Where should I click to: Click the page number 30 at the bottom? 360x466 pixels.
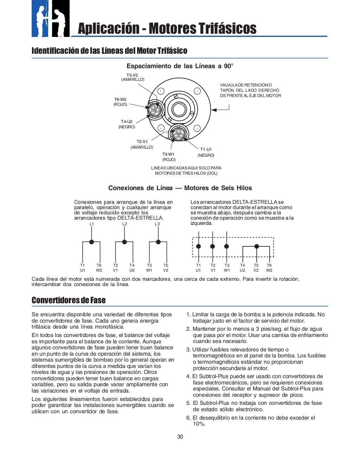pos(180,437)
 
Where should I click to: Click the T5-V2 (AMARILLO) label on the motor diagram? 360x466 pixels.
pos(133,77)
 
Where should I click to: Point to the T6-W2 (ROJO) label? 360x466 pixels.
pos(120,102)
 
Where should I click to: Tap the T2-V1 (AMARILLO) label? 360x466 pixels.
pos(142,144)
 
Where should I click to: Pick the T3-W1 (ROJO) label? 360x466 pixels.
pos(169,157)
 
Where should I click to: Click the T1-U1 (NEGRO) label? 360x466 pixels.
pos(206,152)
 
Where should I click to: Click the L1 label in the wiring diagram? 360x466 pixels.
pos(92,224)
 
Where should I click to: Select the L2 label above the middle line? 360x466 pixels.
pos(124,224)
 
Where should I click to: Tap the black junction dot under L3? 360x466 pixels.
pos(158,242)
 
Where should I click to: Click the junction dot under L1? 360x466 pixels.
pos(92,242)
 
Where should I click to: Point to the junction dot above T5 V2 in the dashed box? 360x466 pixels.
pos(257,246)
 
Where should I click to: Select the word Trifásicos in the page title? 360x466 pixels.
pos(227,28)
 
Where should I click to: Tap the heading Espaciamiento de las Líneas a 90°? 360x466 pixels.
pos(180,66)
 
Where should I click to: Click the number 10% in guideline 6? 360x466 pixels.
pos(199,424)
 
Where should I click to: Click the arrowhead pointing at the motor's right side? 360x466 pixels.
pos(213,110)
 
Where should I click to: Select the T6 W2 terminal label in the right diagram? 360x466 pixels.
pos(269,268)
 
